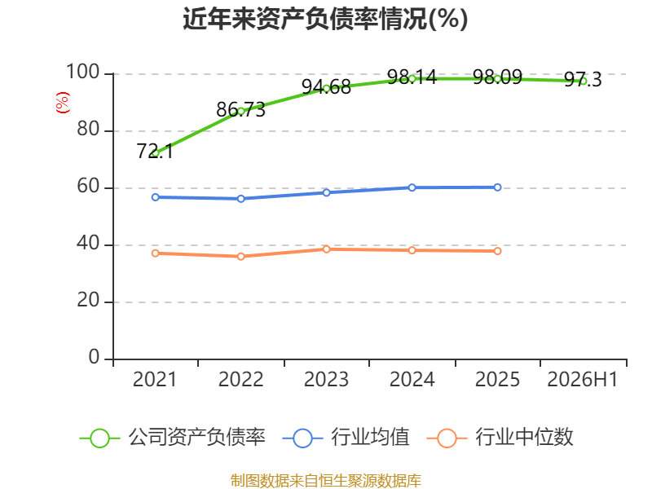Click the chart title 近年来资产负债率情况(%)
coord(325,19)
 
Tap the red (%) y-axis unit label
coord(63,103)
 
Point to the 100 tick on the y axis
coord(83,72)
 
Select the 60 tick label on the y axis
coord(88,186)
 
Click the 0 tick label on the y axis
coord(94,357)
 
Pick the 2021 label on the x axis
coord(155,379)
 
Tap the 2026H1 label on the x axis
coord(583,379)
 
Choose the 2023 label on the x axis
coord(326,379)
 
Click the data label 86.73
coord(240,110)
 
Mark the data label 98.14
coord(412,77)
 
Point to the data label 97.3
coord(583,80)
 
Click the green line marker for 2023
coord(327,89)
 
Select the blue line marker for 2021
coord(155,197)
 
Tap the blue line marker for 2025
coord(497,187)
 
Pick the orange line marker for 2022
coord(240,257)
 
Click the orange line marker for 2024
coord(412,250)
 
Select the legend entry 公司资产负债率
coord(172,438)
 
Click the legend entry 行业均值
coord(346,438)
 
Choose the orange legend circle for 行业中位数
coord(447,438)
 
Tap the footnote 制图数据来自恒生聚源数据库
coord(325,481)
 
